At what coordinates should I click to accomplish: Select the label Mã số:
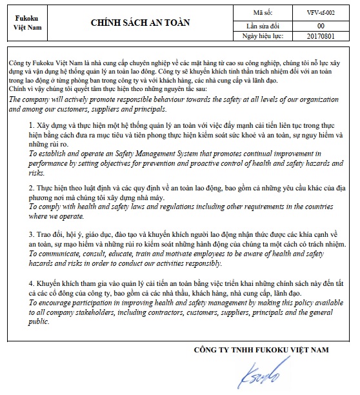click(x=263, y=12)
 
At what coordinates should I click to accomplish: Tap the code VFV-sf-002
click(x=320, y=12)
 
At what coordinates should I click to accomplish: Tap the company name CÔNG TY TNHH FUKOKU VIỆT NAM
click(x=261, y=349)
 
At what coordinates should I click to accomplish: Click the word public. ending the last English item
click(x=40, y=321)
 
